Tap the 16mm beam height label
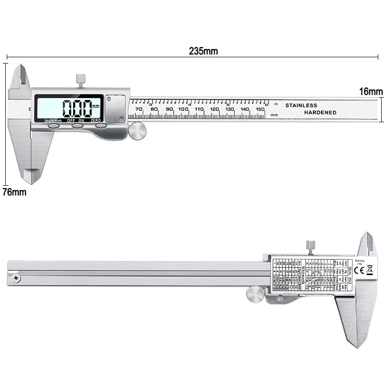(371, 91)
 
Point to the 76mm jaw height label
(14, 192)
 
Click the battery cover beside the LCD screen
(116, 108)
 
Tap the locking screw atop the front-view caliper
(80, 80)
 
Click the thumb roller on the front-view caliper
(138, 131)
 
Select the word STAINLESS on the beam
(301, 105)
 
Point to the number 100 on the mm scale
(183, 110)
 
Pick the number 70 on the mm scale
(139, 110)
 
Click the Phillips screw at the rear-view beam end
(17, 279)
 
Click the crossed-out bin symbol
(370, 270)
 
